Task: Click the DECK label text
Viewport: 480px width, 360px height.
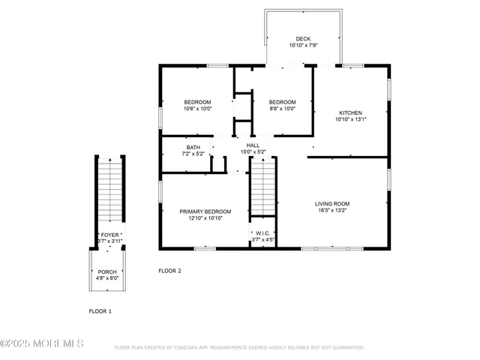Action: tap(303, 39)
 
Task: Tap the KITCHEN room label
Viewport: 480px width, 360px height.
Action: tap(349, 112)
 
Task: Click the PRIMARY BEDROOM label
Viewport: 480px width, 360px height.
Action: tap(205, 211)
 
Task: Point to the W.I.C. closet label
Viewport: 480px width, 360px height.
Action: tap(262, 233)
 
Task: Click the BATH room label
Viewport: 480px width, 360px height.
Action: tap(193, 147)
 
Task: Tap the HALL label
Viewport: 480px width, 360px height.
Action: tap(253, 145)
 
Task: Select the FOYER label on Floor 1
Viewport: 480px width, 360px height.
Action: tap(110, 235)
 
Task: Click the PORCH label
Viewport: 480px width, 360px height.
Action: tap(107, 271)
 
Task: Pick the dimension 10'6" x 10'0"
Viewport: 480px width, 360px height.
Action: tap(198, 109)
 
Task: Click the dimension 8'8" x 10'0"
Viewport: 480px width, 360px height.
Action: tap(283, 109)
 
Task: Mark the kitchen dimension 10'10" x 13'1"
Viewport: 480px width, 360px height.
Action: tap(349, 119)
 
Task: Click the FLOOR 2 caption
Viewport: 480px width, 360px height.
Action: tap(169, 270)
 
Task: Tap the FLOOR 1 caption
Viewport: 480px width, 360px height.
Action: tap(100, 310)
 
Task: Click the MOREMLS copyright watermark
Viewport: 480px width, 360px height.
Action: tap(42, 343)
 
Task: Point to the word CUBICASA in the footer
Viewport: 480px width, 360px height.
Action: tap(190, 348)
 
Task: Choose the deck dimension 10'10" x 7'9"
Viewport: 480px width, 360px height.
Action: tap(303, 46)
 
